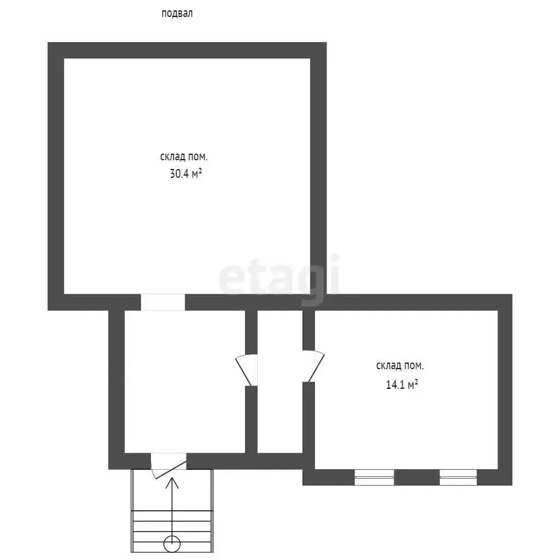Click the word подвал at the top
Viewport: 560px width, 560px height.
177,14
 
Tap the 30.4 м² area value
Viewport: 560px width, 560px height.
186,174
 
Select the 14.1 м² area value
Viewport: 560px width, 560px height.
402,384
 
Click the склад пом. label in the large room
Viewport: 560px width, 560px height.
184,157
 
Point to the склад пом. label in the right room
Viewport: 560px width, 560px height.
400,366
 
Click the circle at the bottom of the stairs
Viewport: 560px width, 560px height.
172,544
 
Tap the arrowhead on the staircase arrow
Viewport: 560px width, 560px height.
172,483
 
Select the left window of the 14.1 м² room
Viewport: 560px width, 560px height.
374,477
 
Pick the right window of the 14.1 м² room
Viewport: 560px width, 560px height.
458,477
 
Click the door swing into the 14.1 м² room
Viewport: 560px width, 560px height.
314,366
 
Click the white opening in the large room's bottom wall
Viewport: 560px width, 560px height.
163,302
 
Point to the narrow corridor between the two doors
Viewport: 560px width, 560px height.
280,381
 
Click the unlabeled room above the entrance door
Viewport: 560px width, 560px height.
185,381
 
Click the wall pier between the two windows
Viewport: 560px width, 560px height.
416,477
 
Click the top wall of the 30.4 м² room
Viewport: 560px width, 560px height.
187,50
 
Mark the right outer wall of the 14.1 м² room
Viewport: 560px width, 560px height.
505,389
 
